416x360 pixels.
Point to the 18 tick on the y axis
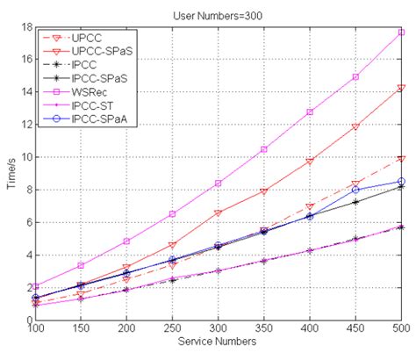click(26, 27)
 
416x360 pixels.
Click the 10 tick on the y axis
click(26, 157)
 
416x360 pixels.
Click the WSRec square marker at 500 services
click(401, 32)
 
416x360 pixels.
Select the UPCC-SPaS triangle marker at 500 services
click(401, 88)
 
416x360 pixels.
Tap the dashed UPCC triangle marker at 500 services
click(401, 159)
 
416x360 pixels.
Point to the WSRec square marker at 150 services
click(81, 265)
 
